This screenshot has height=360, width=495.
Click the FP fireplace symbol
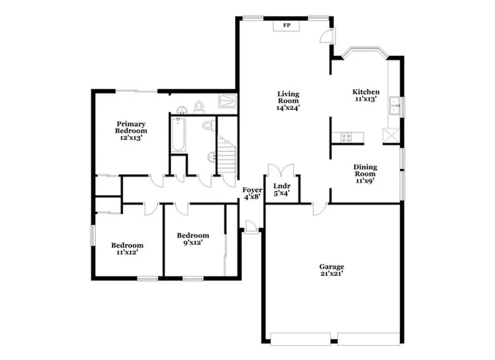(x=287, y=26)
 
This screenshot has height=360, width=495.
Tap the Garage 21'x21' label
(x=332, y=270)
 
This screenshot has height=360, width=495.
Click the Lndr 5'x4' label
(x=282, y=190)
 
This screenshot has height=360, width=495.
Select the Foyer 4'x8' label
(x=252, y=194)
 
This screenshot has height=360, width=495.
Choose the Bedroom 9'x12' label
(x=193, y=240)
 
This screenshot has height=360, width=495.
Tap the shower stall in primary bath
(x=227, y=101)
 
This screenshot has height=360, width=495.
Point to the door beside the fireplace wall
(x=328, y=36)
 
